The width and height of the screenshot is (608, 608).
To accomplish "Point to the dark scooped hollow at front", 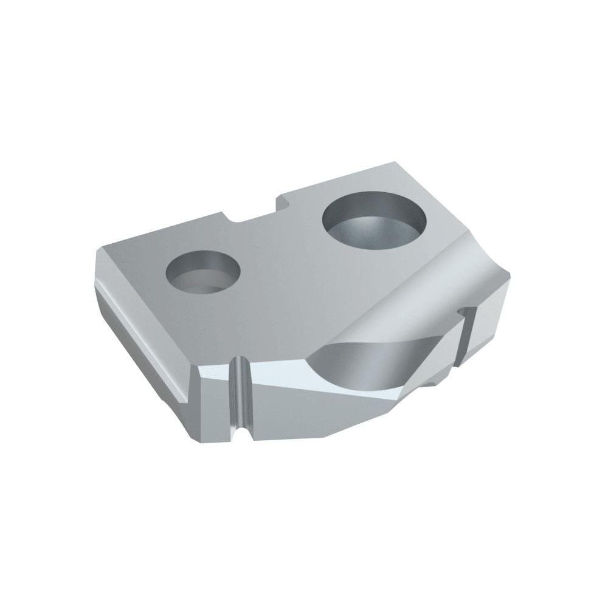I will pos(359,365).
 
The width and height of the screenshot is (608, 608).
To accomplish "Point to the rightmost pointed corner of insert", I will pos(510,275).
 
